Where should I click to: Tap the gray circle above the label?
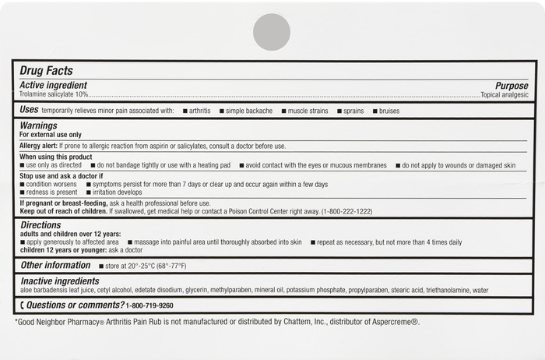point(272,32)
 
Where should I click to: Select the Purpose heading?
point(512,86)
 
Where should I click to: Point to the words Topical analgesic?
point(505,94)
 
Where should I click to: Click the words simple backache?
point(249,111)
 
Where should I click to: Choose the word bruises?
point(389,111)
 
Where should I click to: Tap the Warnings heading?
point(39,125)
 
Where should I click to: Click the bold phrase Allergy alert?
point(39,146)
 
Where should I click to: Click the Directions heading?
point(40,224)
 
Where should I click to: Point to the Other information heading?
point(56,266)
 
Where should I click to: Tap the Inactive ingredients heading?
point(60,281)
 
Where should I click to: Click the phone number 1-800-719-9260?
point(149,305)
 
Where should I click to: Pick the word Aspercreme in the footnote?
point(394,322)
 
